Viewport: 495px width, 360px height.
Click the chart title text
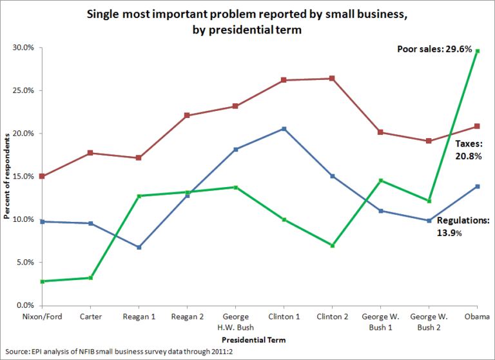[247, 21]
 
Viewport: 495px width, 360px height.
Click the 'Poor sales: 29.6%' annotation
[435, 49]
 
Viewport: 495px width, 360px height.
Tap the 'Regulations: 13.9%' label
[463, 226]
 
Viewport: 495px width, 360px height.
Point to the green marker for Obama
[477, 50]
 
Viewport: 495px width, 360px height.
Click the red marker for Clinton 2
[332, 78]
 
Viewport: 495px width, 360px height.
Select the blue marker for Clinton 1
[284, 128]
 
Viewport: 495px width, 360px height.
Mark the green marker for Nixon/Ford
[42, 281]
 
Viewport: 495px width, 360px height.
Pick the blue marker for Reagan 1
[139, 247]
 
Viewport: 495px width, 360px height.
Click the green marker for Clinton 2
[332, 245]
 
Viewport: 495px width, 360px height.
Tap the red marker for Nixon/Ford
[42, 176]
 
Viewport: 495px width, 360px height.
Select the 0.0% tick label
[25, 305]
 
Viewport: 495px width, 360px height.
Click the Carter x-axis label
[90, 317]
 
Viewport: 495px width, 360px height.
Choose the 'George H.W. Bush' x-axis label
[235, 322]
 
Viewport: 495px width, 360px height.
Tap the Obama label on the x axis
[477, 317]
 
